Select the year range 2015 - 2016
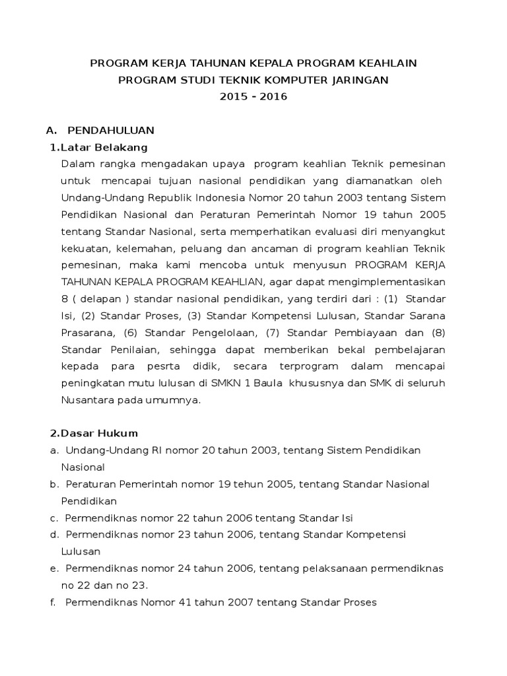253,96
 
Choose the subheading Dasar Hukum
99,434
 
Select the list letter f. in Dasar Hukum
53,602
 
